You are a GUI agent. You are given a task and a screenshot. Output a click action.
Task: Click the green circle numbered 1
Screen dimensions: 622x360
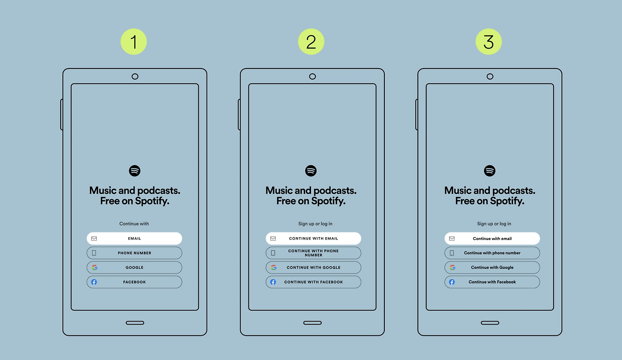[x=134, y=42]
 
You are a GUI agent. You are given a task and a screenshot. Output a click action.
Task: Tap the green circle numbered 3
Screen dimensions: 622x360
[x=488, y=42]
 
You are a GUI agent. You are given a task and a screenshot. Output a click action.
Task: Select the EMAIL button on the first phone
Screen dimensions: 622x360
[x=135, y=239]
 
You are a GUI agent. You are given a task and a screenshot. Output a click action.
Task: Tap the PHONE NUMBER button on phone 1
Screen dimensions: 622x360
[x=135, y=253]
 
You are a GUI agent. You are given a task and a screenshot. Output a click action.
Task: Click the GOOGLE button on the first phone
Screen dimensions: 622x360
[x=135, y=267]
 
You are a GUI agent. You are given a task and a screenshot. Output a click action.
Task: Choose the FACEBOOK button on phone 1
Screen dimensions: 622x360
[x=135, y=282]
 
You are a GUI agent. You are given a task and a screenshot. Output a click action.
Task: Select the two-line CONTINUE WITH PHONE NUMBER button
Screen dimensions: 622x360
[x=313, y=253]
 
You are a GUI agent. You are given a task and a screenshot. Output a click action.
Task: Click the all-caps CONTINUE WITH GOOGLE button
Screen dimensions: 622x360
[x=313, y=267]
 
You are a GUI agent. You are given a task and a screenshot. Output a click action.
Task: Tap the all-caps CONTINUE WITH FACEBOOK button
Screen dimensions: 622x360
[x=313, y=282]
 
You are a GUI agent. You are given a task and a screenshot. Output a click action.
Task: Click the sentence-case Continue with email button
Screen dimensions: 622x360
[x=492, y=239]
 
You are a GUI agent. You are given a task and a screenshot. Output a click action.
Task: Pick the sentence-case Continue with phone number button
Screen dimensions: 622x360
[x=492, y=253]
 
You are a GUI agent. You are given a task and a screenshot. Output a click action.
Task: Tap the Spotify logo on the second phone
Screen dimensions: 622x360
[x=311, y=171]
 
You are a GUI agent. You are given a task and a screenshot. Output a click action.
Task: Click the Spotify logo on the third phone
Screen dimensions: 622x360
[x=489, y=171]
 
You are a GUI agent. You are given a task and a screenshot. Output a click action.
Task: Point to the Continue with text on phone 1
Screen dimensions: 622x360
[x=134, y=223]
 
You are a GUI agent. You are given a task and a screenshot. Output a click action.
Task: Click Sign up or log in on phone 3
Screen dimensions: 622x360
[x=494, y=223]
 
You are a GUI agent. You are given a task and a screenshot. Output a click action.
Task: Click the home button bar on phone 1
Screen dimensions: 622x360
[x=135, y=323]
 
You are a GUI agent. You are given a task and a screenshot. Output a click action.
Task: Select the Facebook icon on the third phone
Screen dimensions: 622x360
[x=452, y=282]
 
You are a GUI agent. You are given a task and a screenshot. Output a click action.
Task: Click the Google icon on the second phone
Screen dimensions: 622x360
[x=274, y=267]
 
